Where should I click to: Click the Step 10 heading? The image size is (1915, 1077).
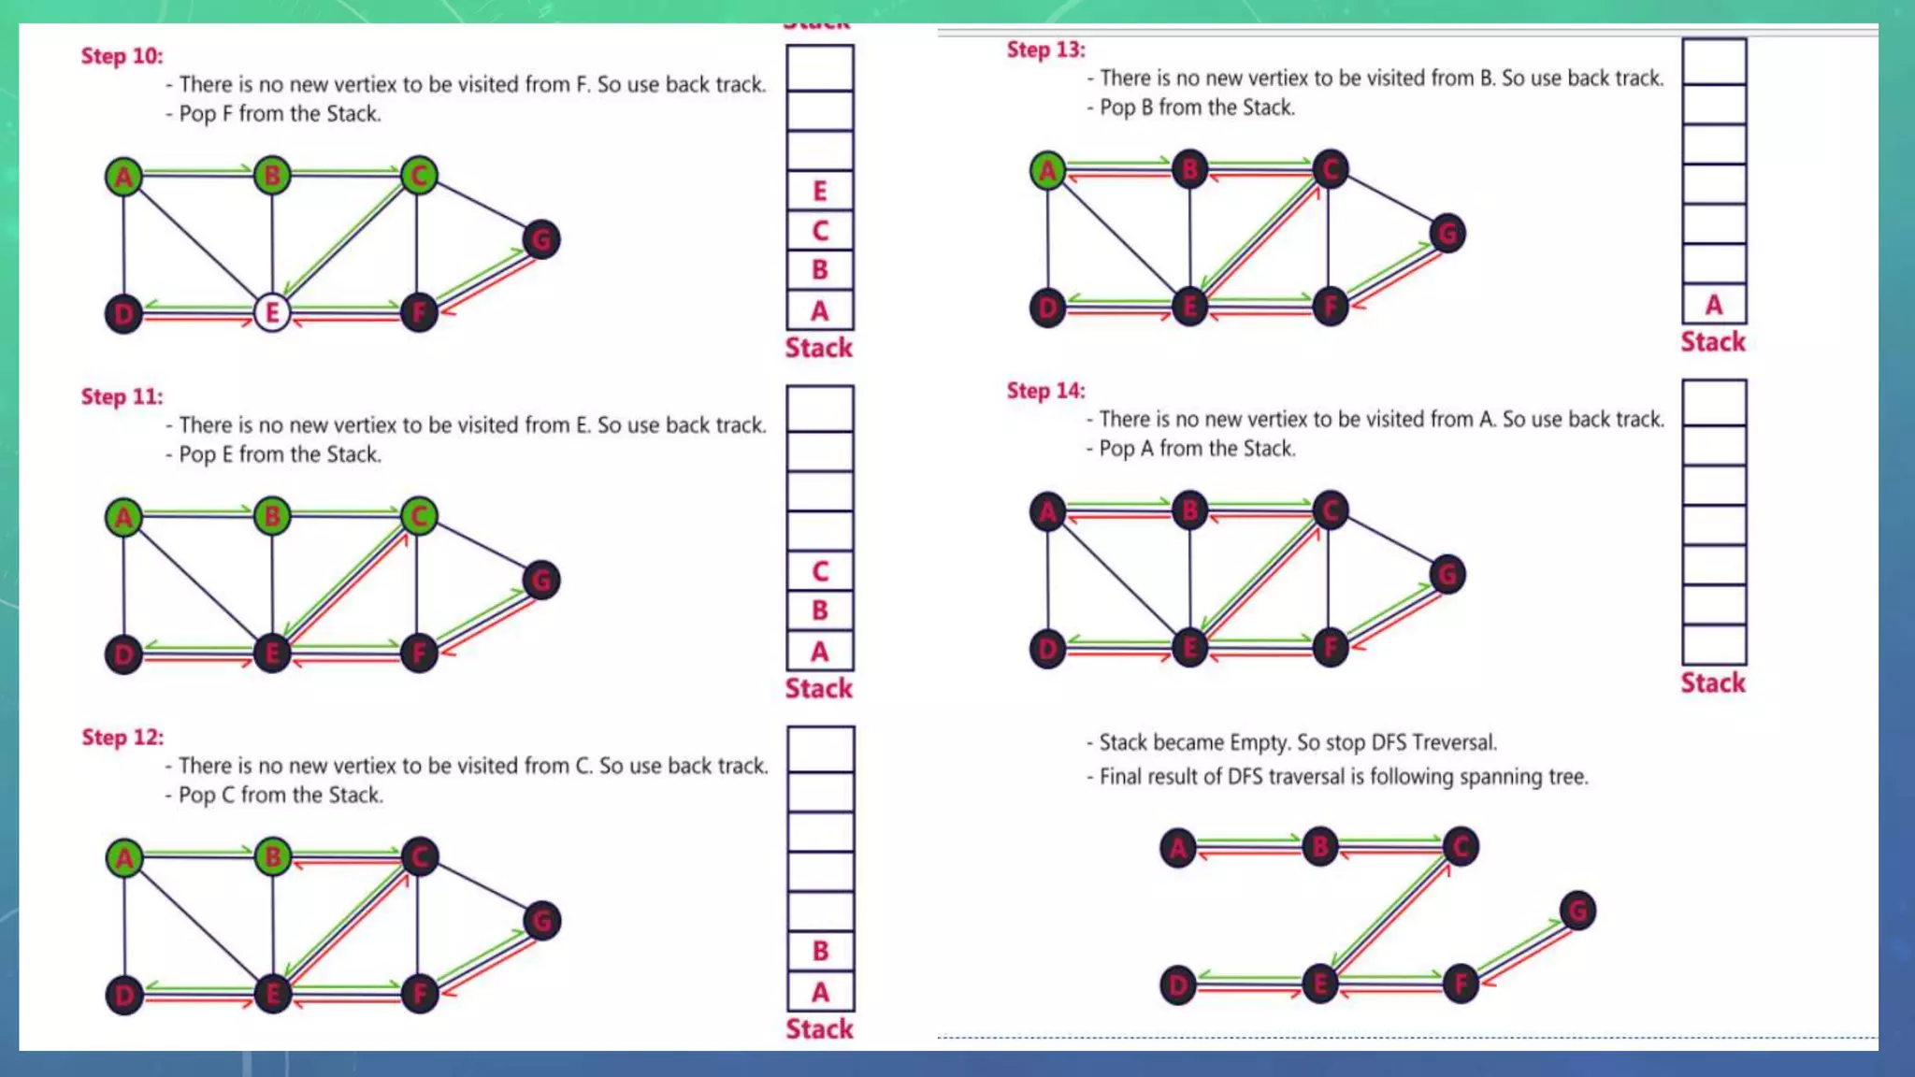point(122,56)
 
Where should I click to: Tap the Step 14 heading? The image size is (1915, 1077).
point(1045,391)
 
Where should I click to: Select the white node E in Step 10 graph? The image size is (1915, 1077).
point(272,312)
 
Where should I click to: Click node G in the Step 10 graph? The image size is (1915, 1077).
point(541,239)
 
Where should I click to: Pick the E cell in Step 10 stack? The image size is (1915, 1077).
point(819,191)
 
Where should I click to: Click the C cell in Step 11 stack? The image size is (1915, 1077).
point(819,570)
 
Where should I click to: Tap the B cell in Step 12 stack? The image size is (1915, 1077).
point(819,951)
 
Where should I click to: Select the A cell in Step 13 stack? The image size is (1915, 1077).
point(1713,305)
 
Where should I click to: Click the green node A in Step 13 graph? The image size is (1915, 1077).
point(1047,170)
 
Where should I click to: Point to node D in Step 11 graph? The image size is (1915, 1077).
point(123,654)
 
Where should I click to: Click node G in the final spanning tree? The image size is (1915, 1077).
point(1577,911)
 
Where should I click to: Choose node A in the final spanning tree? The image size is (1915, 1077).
point(1177,848)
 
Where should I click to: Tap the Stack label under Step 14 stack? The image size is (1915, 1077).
point(1712,682)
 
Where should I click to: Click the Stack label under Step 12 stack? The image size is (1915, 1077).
point(818,1028)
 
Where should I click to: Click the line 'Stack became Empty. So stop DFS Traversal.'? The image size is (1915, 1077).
point(1297,742)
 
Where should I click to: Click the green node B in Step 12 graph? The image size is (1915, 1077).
point(272,856)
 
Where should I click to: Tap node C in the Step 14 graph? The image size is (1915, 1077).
point(1330,510)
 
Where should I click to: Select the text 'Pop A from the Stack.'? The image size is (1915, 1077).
point(1196,449)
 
